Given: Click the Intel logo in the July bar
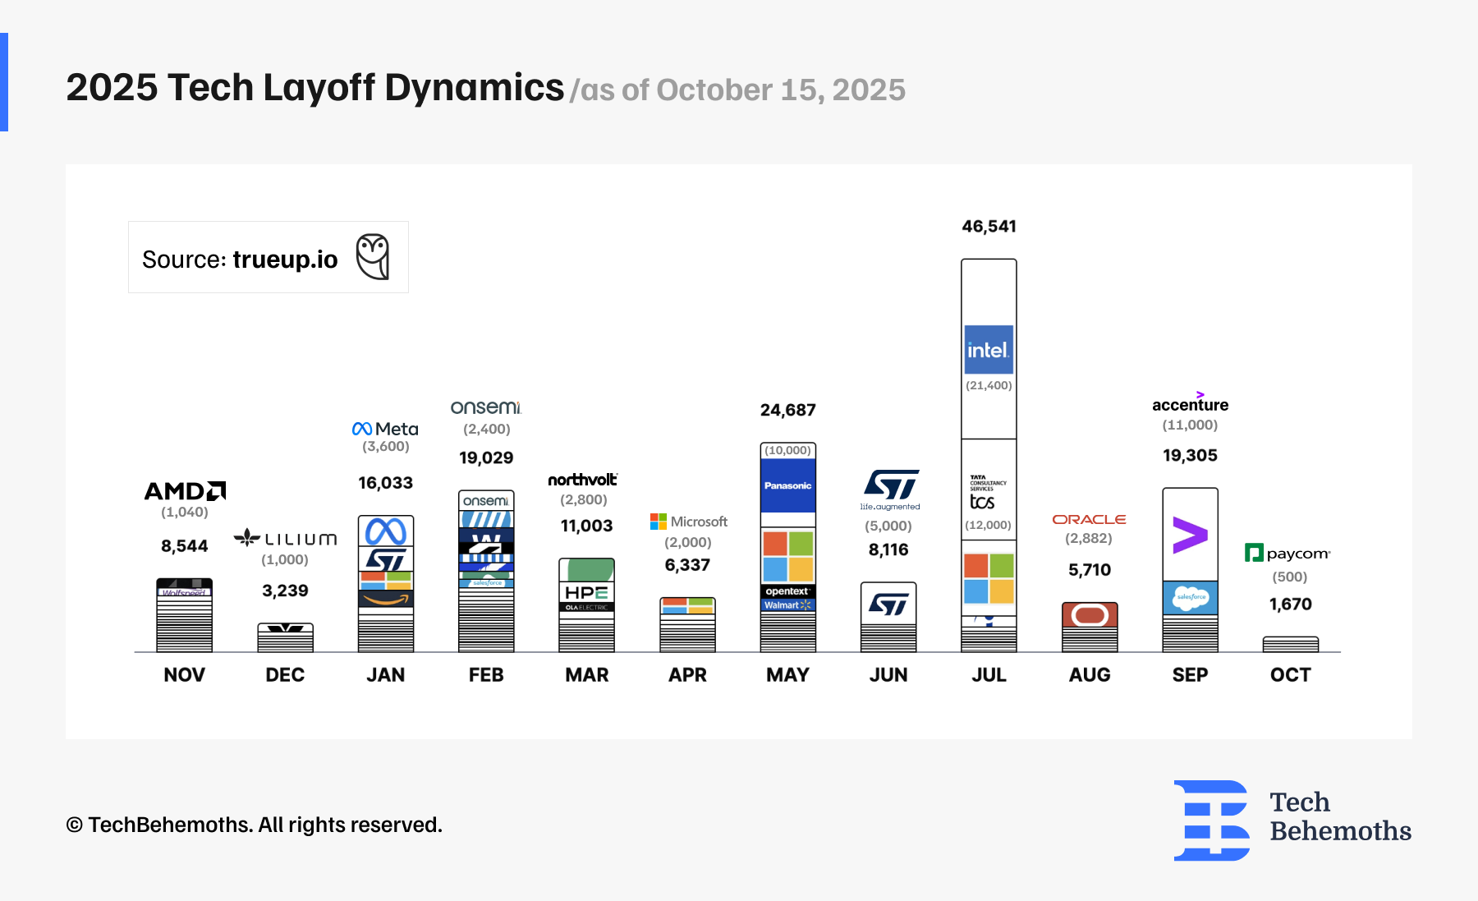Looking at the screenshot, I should (x=989, y=350).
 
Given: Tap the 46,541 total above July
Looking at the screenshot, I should (x=989, y=227).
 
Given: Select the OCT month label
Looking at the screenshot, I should (x=1290, y=675).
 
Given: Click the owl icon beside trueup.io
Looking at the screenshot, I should (x=373, y=257).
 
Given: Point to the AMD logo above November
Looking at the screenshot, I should (x=185, y=491).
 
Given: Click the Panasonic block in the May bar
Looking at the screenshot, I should (x=788, y=485).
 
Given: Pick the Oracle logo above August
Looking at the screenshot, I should (x=1089, y=520).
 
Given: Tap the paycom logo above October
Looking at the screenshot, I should (x=1288, y=554).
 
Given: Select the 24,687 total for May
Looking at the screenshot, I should (x=787, y=410).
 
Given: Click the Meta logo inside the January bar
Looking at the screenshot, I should (x=386, y=531).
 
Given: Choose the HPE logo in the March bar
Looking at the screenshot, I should (x=586, y=593).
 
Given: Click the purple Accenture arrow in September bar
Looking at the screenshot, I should (x=1190, y=535).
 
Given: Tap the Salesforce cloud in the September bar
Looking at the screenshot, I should (x=1191, y=597).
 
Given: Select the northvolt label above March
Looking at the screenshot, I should (x=582, y=480).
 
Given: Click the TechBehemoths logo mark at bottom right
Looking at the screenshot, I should (x=1212, y=820).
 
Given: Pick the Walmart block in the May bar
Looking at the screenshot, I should (x=787, y=605).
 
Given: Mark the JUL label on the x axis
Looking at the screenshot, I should (x=989, y=675).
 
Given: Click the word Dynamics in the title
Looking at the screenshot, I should (x=474, y=88).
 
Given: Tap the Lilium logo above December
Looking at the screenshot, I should (x=285, y=539).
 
